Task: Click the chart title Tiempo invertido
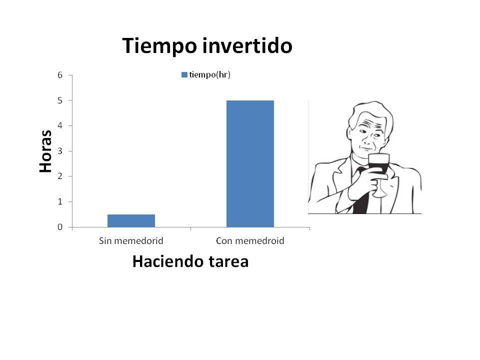coord(207,46)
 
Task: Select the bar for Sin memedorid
coord(131,220)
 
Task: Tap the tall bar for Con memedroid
coord(250,163)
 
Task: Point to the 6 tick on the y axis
coord(60,75)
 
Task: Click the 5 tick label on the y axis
coord(60,100)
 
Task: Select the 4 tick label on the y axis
coord(60,125)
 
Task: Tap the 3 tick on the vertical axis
coord(60,151)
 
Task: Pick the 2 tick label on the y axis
coord(60,176)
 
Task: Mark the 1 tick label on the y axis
coord(60,201)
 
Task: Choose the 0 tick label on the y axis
coord(60,227)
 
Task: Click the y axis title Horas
coord(45,151)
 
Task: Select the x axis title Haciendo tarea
coord(190,261)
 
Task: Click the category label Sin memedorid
coord(131,241)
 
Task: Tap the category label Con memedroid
coord(250,241)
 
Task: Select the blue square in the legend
coord(184,75)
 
